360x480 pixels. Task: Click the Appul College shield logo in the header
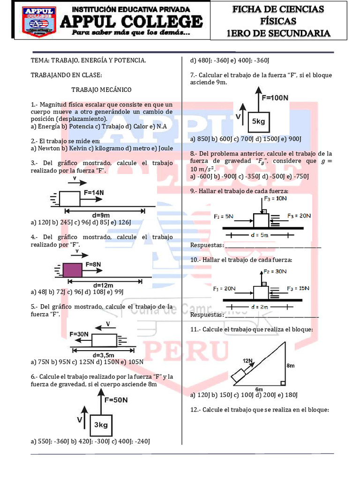(39, 22)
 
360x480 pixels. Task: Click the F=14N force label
(94, 193)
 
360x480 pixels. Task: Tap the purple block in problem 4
(73, 270)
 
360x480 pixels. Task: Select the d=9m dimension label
(101, 215)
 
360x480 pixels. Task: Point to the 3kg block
(101, 425)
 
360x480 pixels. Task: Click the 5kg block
(259, 121)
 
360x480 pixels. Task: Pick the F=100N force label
(275, 97)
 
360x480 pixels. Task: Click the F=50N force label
(116, 400)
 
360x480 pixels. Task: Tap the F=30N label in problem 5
(79, 334)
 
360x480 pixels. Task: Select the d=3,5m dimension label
(104, 355)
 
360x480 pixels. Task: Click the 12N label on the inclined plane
(247, 360)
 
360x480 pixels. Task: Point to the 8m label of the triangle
(291, 366)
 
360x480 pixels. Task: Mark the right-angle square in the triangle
(283, 383)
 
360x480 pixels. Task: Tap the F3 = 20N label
(299, 216)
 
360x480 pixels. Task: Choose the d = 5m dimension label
(260, 235)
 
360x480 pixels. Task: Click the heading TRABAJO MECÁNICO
(101, 90)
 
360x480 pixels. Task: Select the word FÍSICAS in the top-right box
(278, 21)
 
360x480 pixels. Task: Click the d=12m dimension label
(103, 285)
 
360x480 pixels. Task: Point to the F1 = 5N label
(224, 217)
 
